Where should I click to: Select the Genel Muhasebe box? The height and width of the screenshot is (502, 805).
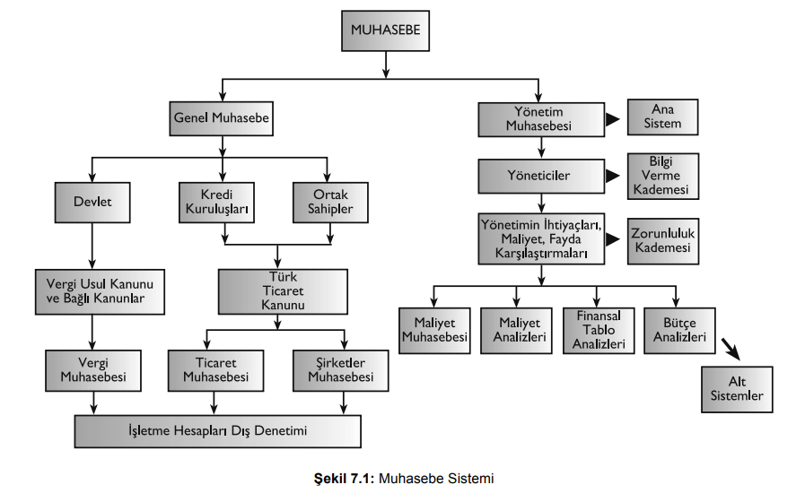coord(221,117)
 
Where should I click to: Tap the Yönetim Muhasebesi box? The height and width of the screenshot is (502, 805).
coord(538,118)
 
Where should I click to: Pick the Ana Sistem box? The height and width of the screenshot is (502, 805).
coord(662,117)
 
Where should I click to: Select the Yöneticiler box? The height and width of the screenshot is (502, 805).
coord(538,176)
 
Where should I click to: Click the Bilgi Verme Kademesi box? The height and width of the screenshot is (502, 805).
coord(662,176)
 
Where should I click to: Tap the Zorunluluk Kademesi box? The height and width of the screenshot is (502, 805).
coord(662,239)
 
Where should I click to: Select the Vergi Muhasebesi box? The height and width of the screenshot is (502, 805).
coord(93,370)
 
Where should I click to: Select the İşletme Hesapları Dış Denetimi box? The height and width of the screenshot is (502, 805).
coord(218,431)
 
